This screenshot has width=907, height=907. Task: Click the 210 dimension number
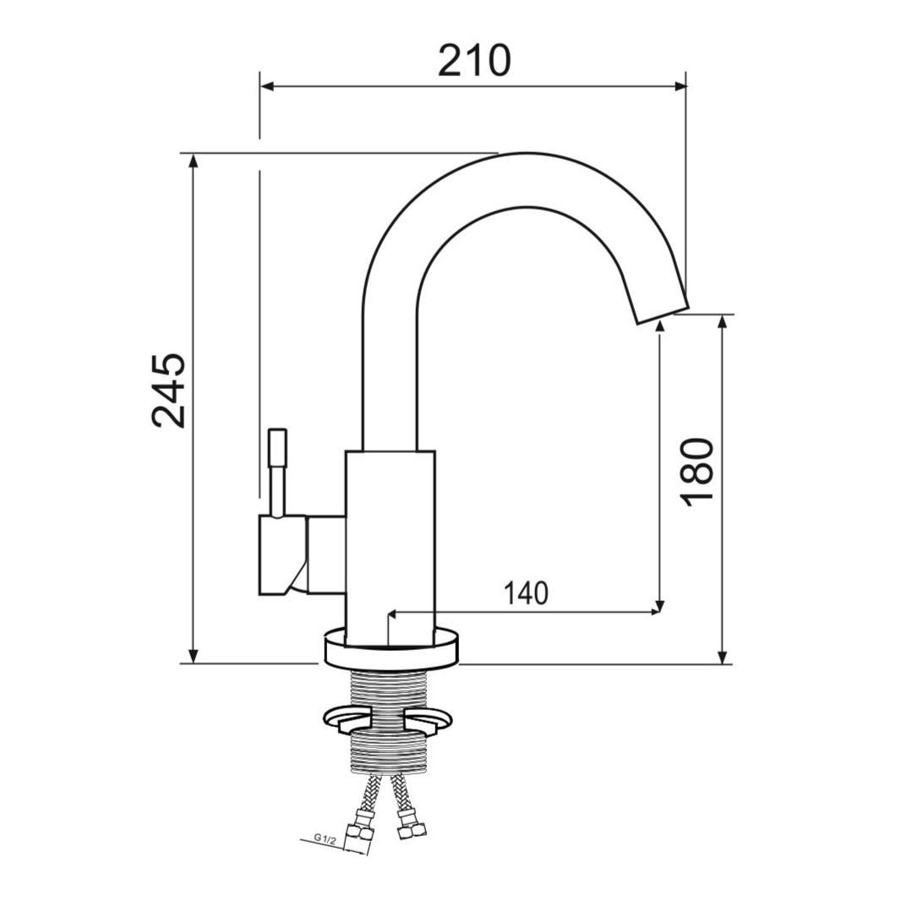click(x=474, y=60)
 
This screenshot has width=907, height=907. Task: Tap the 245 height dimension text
click(x=169, y=390)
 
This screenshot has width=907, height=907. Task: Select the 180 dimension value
click(x=697, y=473)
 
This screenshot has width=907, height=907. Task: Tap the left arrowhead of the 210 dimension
click(x=266, y=87)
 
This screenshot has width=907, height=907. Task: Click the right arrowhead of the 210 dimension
click(x=680, y=87)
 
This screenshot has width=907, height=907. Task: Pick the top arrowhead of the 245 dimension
click(x=194, y=160)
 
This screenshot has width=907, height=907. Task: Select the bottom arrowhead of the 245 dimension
click(x=194, y=657)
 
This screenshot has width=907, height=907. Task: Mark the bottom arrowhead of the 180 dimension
click(x=721, y=658)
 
